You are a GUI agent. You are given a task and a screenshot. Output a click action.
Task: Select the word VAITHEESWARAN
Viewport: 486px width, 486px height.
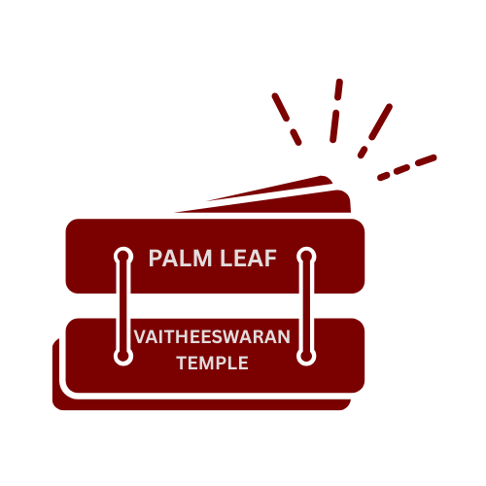pyautogui.click(x=212, y=337)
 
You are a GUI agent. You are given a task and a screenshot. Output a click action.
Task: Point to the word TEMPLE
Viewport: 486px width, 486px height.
pyautogui.click(x=212, y=364)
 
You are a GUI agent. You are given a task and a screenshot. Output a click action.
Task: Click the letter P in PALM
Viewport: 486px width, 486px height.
pyautogui.click(x=155, y=259)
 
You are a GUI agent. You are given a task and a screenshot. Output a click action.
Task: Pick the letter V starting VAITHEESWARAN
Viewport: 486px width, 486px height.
pyautogui.click(x=140, y=337)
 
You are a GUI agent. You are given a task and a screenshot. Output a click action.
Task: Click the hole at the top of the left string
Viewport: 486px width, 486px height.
pyautogui.click(x=122, y=257)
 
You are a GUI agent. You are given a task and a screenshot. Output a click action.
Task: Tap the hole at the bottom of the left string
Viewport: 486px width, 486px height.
pyautogui.click(x=122, y=357)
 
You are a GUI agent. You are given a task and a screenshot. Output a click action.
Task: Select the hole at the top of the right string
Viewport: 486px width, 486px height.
pyautogui.click(x=306, y=257)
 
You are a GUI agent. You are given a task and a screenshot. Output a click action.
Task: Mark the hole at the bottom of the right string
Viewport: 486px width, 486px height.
pyautogui.click(x=306, y=357)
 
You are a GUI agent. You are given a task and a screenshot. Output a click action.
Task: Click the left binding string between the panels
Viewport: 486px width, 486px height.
pyautogui.click(x=122, y=305)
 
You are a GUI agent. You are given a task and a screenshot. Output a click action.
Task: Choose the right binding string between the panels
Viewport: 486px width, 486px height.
pyautogui.click(x=306, y=305)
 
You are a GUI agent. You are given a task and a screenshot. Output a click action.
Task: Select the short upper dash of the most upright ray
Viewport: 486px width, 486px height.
pyautogui.click(x=339, y=89)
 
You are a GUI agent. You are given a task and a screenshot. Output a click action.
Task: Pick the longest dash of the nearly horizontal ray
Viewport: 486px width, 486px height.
pyautogui.click(x=426, y=159)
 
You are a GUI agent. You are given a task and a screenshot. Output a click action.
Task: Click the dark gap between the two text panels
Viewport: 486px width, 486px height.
pyautogui.click(x=214, y=305)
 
